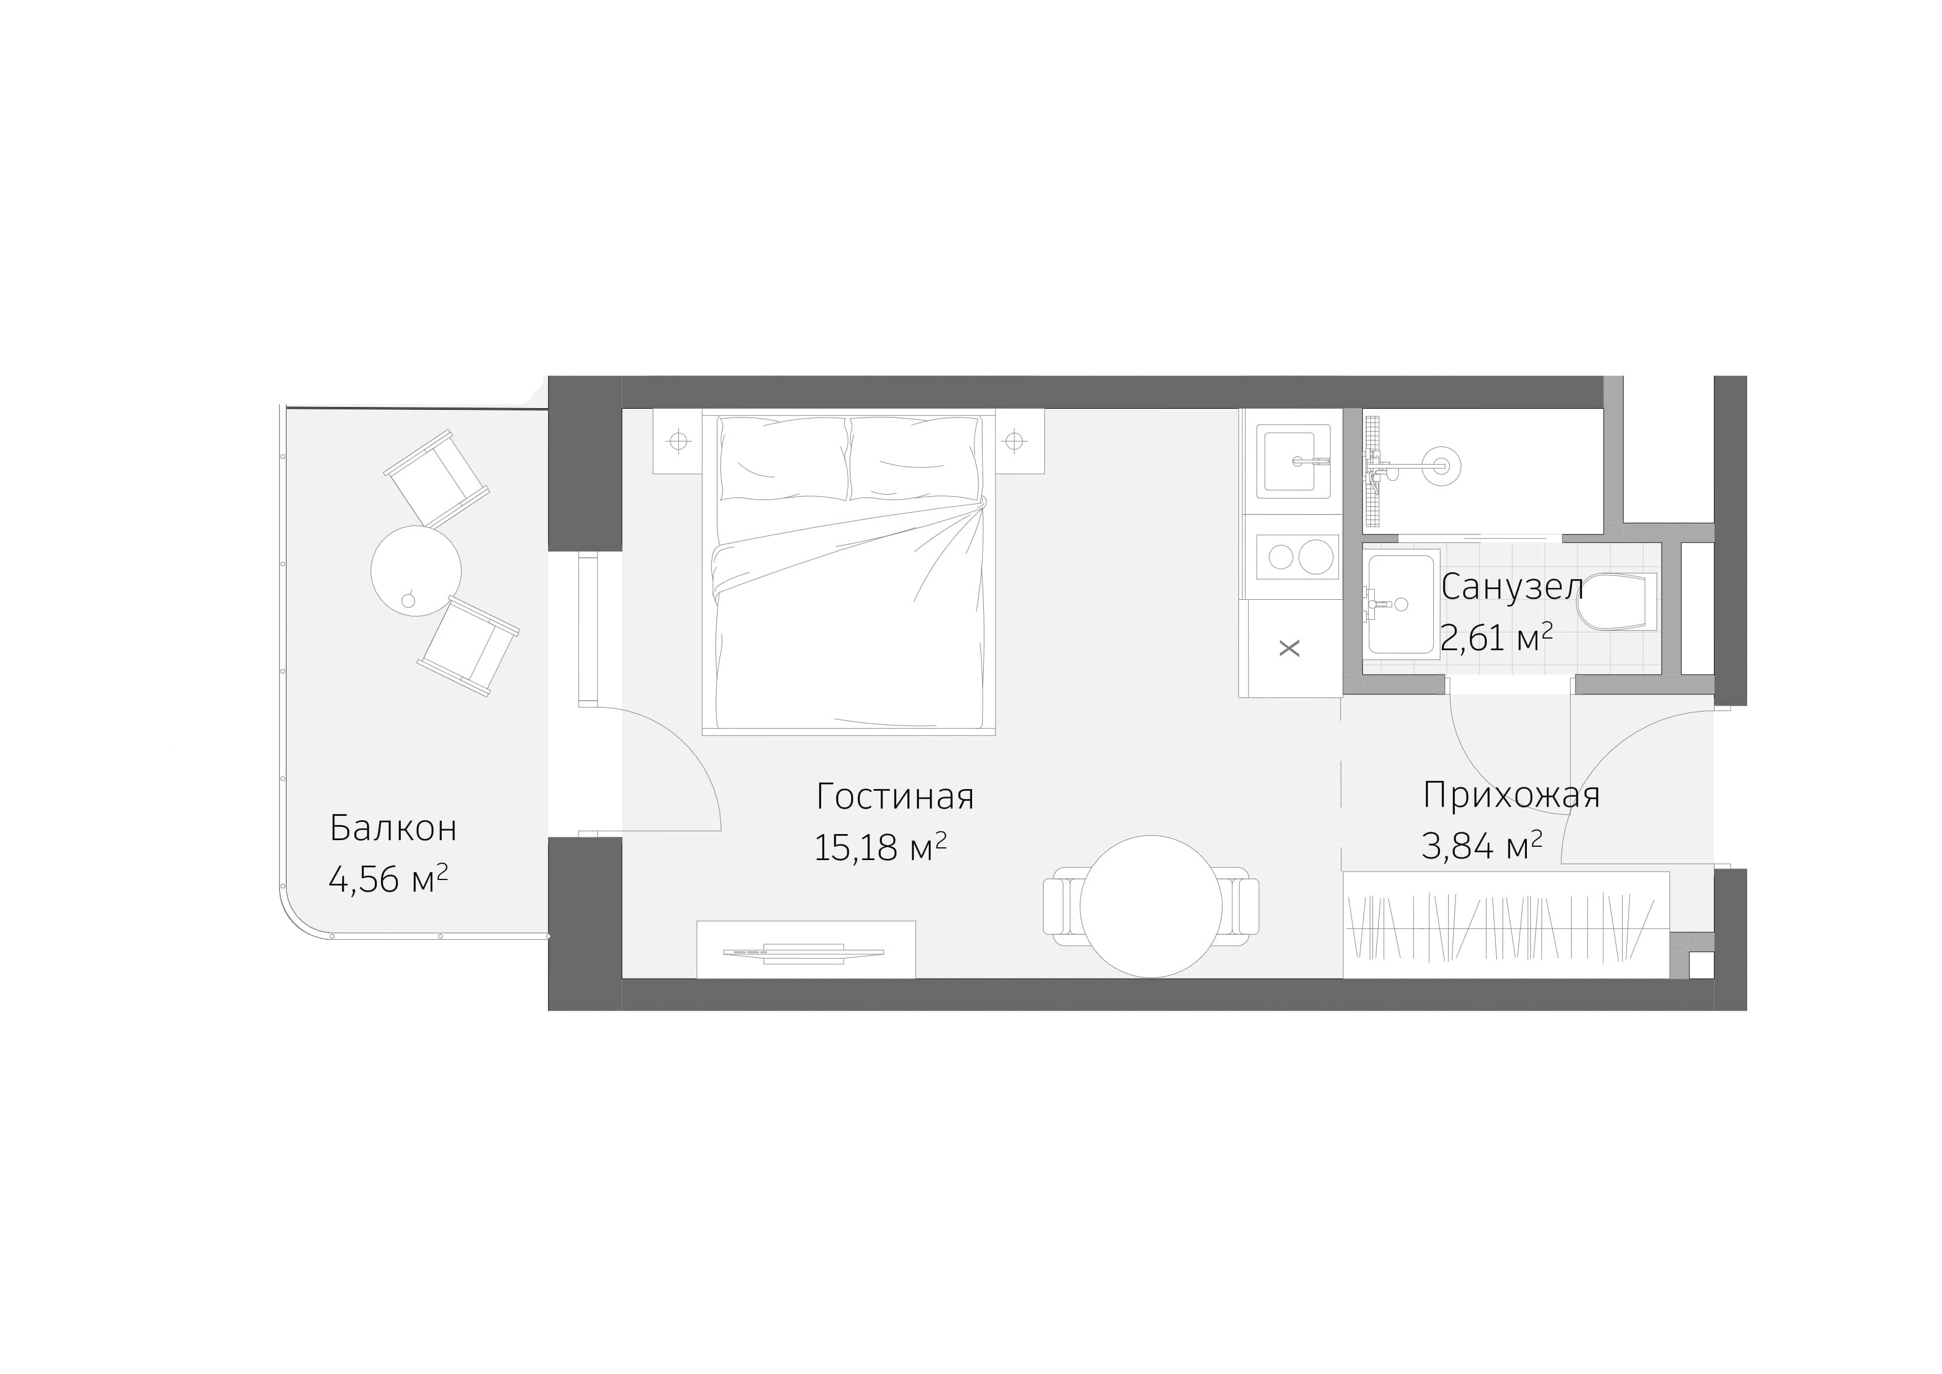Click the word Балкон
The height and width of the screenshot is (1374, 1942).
pyautogui.click(x=393, y=828)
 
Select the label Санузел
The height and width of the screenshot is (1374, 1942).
pyautogui.click(x=1511, y=587)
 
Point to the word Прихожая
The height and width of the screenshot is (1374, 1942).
pyautogui.click(x=1511, y=795)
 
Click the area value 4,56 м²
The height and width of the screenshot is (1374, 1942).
pyautogui.click(x=388, y=880)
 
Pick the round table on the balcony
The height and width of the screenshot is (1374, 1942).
pyautogui.click(x=416, y=570)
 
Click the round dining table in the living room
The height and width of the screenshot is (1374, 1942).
pyautogui.click(x=1150, y=906)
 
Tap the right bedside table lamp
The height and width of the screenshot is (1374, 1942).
pyautogui.click(x=1014, y=441)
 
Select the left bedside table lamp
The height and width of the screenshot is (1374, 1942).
pyautogui.click(x=678, y=441)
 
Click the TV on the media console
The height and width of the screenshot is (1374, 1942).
pyautogui.click(x=803, y=953)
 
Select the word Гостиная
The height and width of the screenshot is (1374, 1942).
pyautogui.click(x=895, y=797)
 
